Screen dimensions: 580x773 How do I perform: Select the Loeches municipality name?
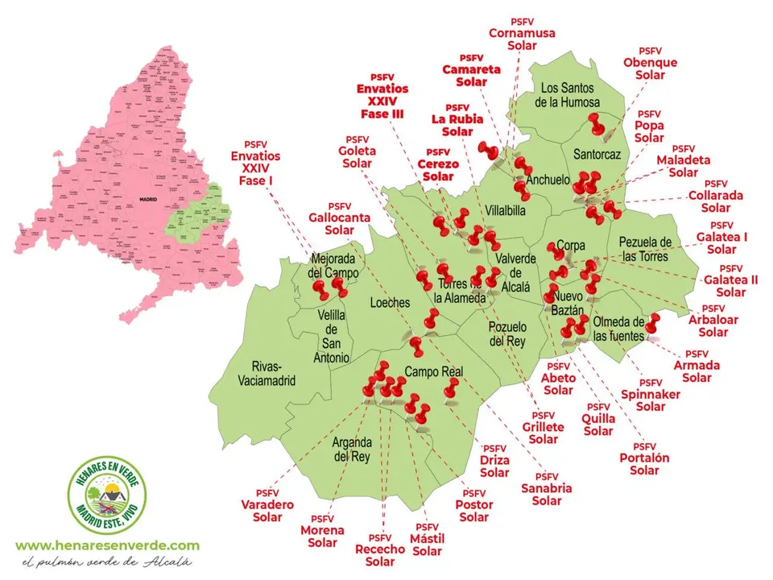pyautogui.click(x=390, y=303)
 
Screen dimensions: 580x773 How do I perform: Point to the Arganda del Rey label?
pyautogui.click(x=351, y=449)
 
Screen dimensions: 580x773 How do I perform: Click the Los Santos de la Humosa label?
pyautogui.click(x=570, y=95)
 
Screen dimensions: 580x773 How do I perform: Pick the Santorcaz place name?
pyautogui.click(x=597, y=153)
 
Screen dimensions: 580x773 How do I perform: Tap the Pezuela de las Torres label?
pyautogui.click(x=644, y=250)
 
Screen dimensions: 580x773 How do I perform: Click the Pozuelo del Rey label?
pyautogui.click(x=506, y=334)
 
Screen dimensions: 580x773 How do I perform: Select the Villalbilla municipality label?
pyautogui.click(x=505, y=210)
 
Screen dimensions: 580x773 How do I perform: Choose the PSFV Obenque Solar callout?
pyautogui.click(x=650, y=63)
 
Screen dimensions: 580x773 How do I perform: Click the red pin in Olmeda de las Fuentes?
pyautogui.click(x=652, y=321)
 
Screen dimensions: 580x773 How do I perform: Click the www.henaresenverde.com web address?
pyautogui.click(x=107, y=545)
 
